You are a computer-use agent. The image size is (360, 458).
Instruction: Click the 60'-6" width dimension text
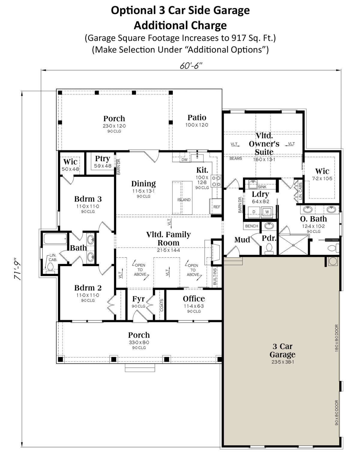coord(191,66)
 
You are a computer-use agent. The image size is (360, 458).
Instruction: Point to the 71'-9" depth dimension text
coord(17,269)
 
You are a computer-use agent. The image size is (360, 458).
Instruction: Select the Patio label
coord(197,117)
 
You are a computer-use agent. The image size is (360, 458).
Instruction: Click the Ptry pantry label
coord(103,159)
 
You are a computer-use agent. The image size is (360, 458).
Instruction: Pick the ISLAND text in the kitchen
coord(184,200)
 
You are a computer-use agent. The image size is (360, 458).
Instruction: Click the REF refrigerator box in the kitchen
coord(216,206)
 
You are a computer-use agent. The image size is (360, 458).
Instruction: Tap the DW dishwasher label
coord(184,159)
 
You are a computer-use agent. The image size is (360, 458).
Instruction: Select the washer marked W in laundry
coord(267,212)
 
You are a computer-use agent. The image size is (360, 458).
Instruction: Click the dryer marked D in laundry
coord(254,212)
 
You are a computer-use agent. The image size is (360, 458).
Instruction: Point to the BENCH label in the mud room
coord(251,226)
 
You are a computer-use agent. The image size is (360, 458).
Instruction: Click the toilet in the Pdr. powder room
coord(269,249)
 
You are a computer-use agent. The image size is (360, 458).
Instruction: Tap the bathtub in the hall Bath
coord(55,239)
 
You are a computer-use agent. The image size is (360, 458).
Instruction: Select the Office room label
coord(194,299)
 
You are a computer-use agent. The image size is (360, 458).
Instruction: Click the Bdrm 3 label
coord(88,199)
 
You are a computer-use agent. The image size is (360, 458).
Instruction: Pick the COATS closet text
coord(162,305)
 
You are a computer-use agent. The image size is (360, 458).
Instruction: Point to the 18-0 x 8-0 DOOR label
coord(337,338)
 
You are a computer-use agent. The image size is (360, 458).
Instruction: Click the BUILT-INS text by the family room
coord(215,277)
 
